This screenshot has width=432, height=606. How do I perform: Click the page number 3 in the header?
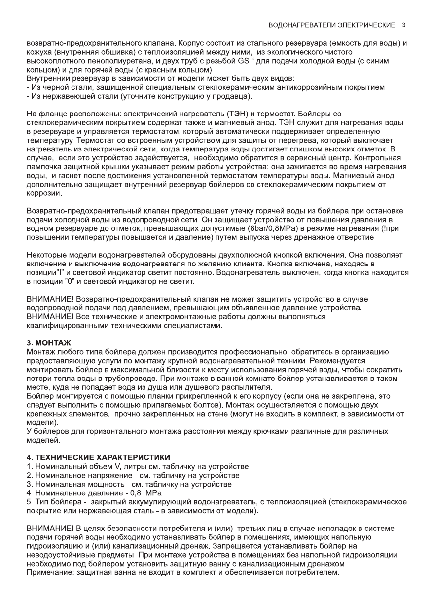click(404, 25)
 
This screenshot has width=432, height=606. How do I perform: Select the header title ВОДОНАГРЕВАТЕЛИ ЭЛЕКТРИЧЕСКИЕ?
click(331, 25)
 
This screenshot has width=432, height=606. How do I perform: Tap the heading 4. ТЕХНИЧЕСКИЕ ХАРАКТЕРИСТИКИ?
click(98, 458)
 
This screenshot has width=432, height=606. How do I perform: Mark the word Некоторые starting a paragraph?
click(48, 256)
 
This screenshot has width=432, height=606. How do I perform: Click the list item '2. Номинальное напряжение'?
click(133, 475)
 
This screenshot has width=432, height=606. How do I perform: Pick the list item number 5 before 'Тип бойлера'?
click(29, 502)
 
